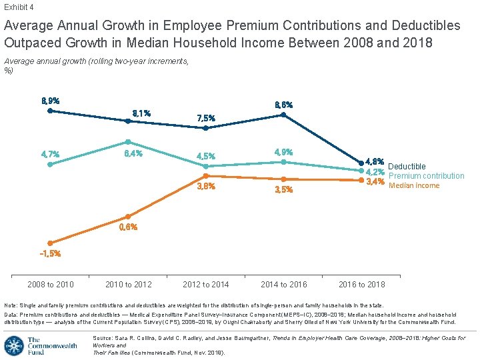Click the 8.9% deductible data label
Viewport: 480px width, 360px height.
click(50, 101)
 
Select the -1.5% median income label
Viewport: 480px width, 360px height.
click(50, 253)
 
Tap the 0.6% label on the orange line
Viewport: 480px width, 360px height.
click(128, 227)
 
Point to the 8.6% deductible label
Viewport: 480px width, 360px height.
click(283, 105)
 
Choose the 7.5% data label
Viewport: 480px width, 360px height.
click(206, 118)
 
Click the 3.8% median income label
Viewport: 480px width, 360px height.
click(206, 187)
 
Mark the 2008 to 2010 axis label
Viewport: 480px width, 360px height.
click(50, 285)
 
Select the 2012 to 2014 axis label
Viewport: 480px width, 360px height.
click(206, 285)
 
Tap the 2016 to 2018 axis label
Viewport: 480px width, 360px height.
click(362, 285)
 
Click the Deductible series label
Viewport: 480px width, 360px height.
click(407, 167)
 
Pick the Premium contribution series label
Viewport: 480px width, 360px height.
click(426, 176)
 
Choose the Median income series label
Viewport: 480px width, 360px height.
click(414, 185)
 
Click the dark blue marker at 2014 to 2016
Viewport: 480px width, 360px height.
click(283, 115)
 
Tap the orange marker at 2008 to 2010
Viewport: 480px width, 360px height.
click(50, 243)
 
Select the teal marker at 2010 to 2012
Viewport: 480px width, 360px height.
click(128, 142)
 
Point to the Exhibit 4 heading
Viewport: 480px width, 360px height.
click(18, 7)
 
